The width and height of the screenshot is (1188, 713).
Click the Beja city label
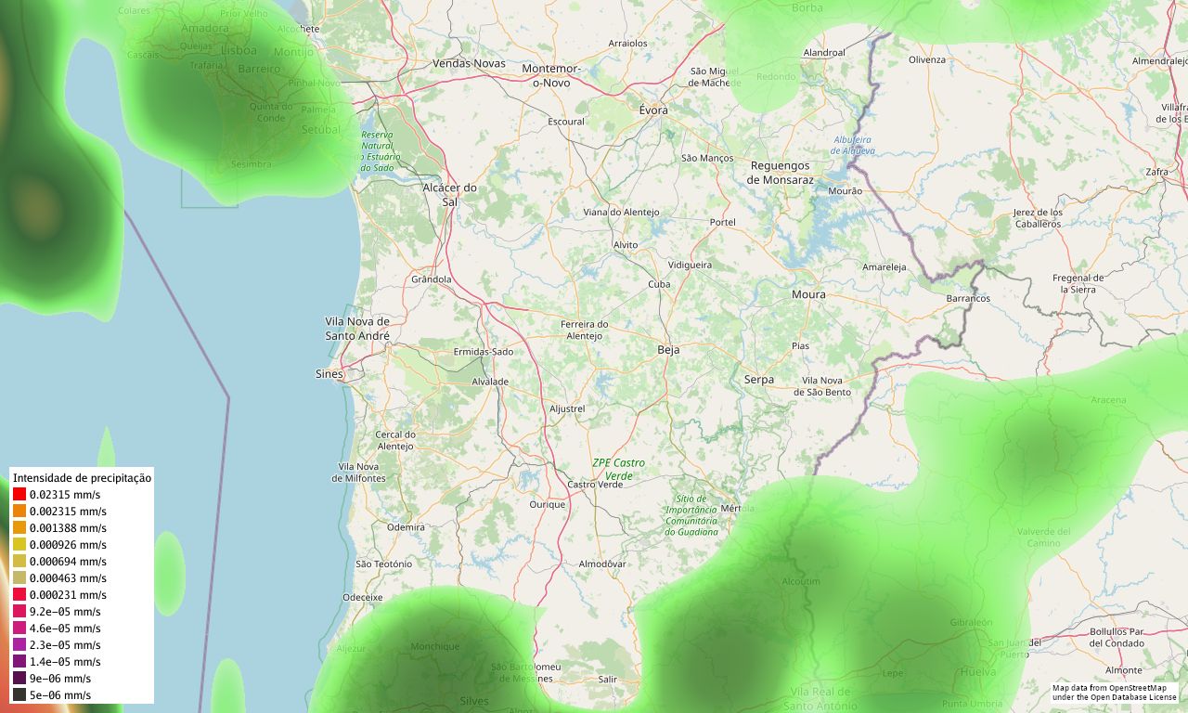click(x=668, y=350)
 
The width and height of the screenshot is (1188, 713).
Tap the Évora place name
click(x=653, y=110)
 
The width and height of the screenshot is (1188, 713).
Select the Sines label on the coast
click(x=329, y=374)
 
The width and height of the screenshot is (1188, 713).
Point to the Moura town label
click(x=807, y=294)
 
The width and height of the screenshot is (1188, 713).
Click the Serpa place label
click(x=758, y=380)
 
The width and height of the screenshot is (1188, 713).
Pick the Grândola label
click(x=431, y=279)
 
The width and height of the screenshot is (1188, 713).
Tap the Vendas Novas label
click(x=469, y=63)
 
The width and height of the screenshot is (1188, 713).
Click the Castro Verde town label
click(x=595, y=485)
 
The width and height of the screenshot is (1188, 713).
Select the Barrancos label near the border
click(x=968, y=299)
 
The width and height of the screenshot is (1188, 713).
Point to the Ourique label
click(x=547, y=505)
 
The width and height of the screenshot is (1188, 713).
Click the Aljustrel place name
click(x=567, y=408)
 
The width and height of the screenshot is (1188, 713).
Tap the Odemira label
click(x=406, y=527)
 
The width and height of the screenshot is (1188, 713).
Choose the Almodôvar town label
click(x=602, y=564)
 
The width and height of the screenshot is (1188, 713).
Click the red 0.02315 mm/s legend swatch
click(x=19, y=495)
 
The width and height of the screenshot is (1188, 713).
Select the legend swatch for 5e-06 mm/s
click(x=19, y=695)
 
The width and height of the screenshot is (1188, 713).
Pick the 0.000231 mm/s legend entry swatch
click(x=19, y=595)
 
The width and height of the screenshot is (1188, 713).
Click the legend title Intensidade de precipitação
click(x=82, y=477)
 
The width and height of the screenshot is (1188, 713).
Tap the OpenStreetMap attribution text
click(x=1114, y=693)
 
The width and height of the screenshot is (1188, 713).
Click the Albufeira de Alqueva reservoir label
click(x=852, y=145)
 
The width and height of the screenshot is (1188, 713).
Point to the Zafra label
click(x=1156, y=172)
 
